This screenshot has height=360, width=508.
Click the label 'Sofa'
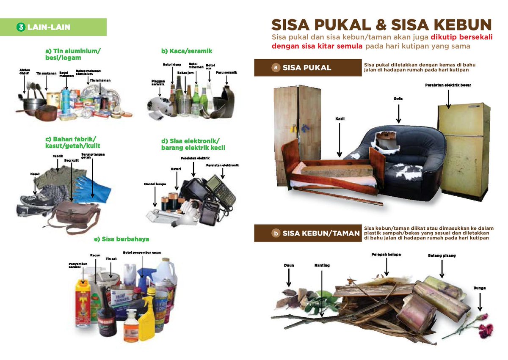pyautogui.click(x=398, y=99)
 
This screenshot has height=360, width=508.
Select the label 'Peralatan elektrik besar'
pyautogui.click(x=448, y=85)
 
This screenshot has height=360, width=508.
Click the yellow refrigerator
pyautogui.click(x=464, y=148)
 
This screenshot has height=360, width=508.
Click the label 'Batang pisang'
pyautogui.click(x=442, y=256)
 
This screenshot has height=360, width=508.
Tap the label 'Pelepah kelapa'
pyautogui.click(x=386, y=255)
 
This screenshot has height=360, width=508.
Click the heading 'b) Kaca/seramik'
pyautogui.click(x=186, y=51)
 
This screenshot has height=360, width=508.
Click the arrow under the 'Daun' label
pyautogui.click(x=289, y=278)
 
